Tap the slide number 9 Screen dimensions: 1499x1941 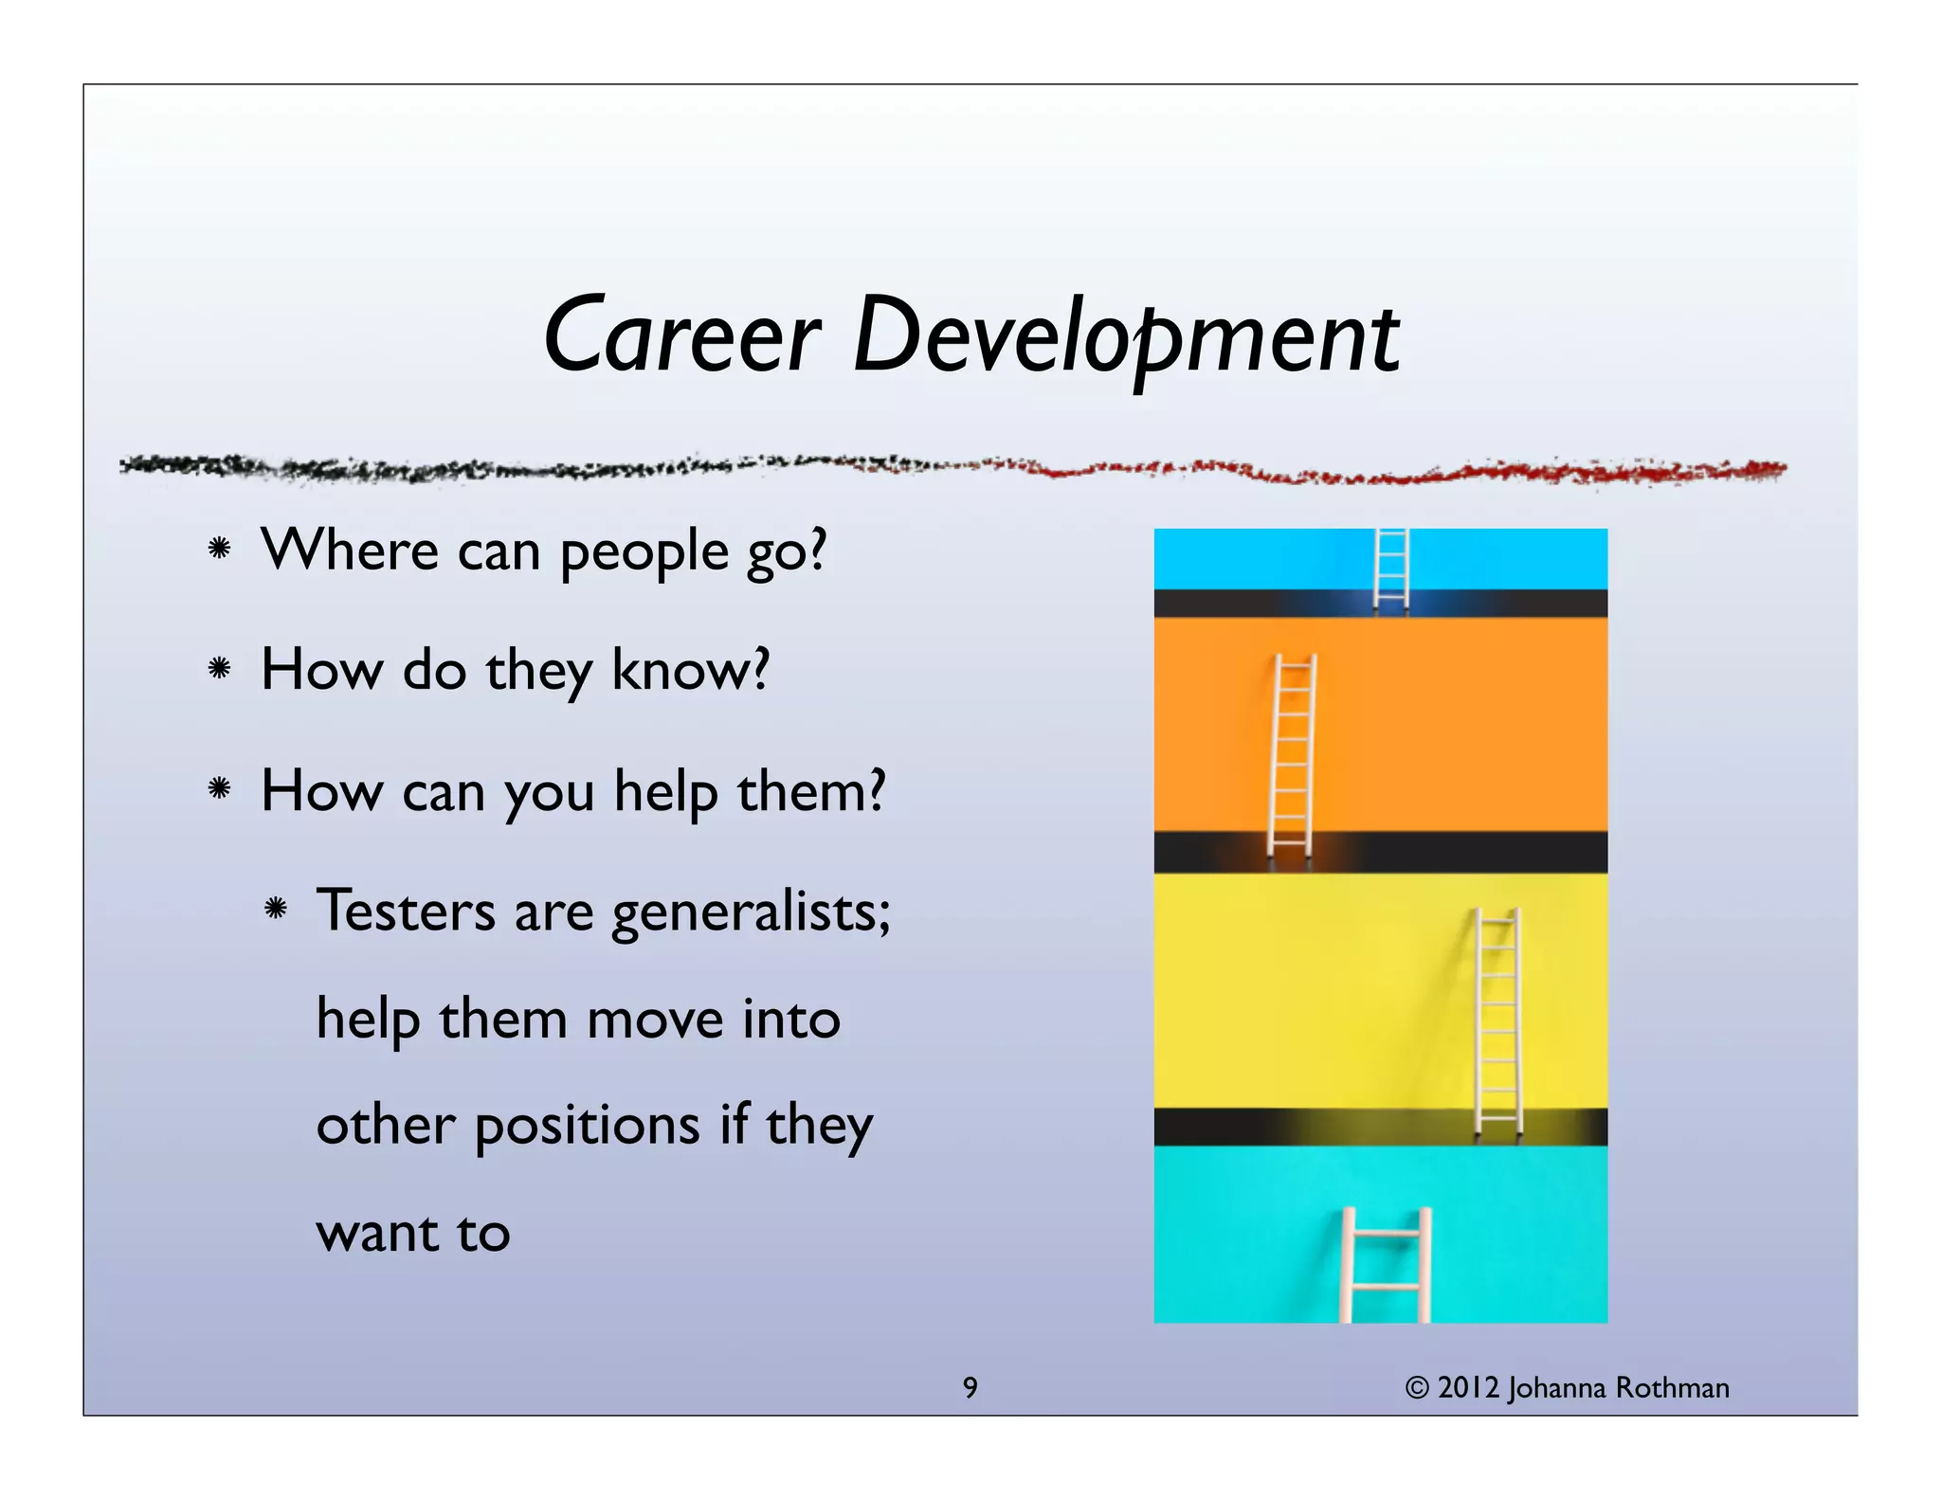[970, 1387]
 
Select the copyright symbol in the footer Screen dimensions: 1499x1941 [1416, 1388]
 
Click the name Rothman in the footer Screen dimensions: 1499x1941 [1672, 1387]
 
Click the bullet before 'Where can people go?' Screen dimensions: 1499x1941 [220, 549]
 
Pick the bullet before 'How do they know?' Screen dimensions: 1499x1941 [220, 669]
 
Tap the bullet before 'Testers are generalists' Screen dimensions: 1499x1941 [276, 910]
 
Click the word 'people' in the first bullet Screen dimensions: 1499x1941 [644, 552]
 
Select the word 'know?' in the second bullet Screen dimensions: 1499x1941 [690, 670]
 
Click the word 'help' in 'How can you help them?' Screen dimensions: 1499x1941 [665, 791]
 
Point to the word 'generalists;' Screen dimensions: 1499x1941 [751, 912]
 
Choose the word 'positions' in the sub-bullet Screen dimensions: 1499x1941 [588, 1127]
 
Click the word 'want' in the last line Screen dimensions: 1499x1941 [377, 1233]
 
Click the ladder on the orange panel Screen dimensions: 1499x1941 [1292, 756]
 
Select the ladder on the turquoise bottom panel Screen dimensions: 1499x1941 [1386, 1264]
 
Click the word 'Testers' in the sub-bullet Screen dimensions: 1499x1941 [406, 911]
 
